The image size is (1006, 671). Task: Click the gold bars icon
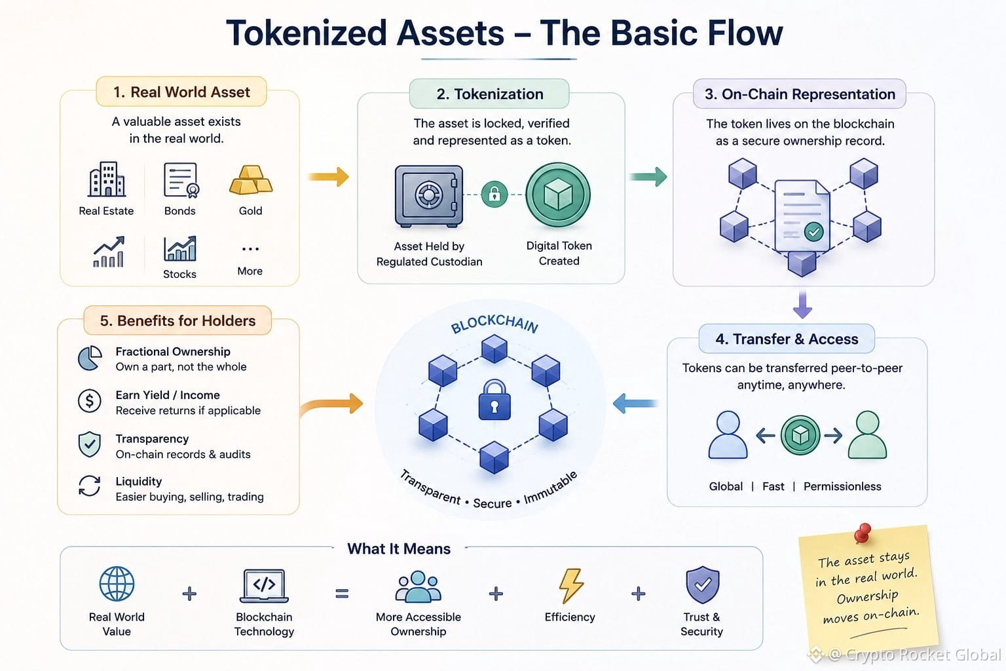pos(251,180)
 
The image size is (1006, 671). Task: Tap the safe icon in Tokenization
pos(428,196)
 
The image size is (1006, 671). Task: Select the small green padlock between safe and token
pos(494,195)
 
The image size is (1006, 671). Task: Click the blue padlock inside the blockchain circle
pos(494,400)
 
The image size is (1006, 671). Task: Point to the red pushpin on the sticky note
pos(863,533)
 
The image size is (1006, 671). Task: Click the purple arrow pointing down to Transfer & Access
pos(802,304)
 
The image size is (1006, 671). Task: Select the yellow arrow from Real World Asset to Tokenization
pos(328,177)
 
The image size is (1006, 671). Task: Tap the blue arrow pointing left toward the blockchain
pos(635,403)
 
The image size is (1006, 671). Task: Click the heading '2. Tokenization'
pos(490,94)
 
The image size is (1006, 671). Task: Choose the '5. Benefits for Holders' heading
pos(178,320)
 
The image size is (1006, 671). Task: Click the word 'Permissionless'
pos(842,486)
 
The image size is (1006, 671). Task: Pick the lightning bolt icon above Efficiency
pos(571,585)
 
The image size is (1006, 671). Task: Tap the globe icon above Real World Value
pos(117,584)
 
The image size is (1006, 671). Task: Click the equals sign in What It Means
pos(343,594)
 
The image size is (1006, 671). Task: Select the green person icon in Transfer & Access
pos(867,434)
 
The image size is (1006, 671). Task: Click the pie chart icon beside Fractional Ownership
pos(89,358)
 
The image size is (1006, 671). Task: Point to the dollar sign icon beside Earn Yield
pos(89,400)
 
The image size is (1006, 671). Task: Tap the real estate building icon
pos(107,179)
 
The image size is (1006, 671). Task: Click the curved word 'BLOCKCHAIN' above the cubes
pos(494,324)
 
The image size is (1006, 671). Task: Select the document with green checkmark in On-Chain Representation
pos(802,216)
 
